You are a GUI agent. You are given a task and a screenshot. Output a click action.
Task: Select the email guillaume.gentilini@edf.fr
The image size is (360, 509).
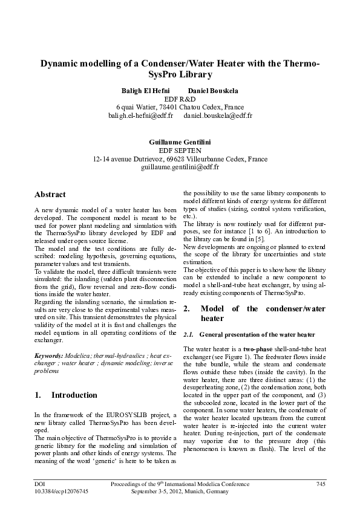click(180, 167)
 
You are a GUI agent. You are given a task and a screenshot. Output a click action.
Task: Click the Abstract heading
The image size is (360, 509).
click(50, 195)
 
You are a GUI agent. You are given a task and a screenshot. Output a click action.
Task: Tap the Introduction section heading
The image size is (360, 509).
click(74, 395)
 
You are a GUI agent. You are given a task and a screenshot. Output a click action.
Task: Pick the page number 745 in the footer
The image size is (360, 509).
click(321, 484)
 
